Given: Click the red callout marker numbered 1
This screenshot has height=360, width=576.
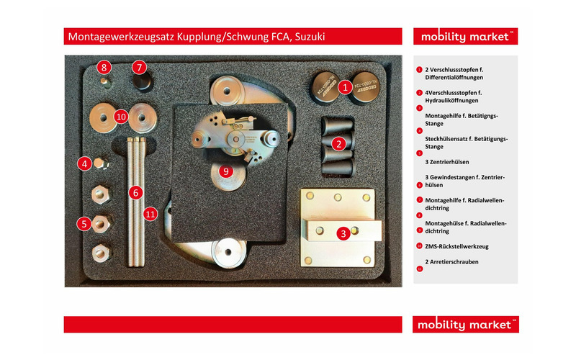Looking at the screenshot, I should click(345, 87).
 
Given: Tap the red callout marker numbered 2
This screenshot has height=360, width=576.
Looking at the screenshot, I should click(338, 143).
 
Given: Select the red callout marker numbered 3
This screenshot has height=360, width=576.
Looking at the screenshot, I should click(343, 233).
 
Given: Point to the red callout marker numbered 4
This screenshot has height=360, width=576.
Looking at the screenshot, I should click(85, 164).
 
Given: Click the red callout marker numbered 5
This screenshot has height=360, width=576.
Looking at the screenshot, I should click(84, 223).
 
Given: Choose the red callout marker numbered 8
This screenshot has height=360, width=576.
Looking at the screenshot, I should click(104, 68).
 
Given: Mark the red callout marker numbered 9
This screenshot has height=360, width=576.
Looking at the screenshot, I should click(225, 171).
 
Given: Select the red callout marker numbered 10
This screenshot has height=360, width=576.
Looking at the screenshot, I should click(121, 115).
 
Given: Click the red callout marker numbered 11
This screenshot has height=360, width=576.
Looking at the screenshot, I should click(150, 213).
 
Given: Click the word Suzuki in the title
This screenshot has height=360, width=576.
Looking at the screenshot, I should click(312, 37).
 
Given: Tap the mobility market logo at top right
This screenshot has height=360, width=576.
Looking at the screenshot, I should click(466, 37).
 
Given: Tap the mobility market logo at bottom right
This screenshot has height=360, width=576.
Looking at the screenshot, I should click(466, 325).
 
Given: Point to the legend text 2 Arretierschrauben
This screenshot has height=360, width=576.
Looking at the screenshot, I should click(452, 262).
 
